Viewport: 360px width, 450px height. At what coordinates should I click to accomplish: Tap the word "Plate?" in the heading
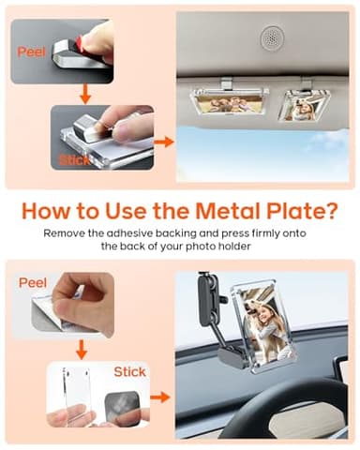tap(300, 210)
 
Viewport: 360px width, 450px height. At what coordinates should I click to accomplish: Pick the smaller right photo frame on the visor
tap(303, 105)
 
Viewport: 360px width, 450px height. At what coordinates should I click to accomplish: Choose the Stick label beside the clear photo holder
tap(129, 372)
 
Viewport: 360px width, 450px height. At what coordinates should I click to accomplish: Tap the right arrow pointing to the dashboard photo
tap(160, 397)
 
